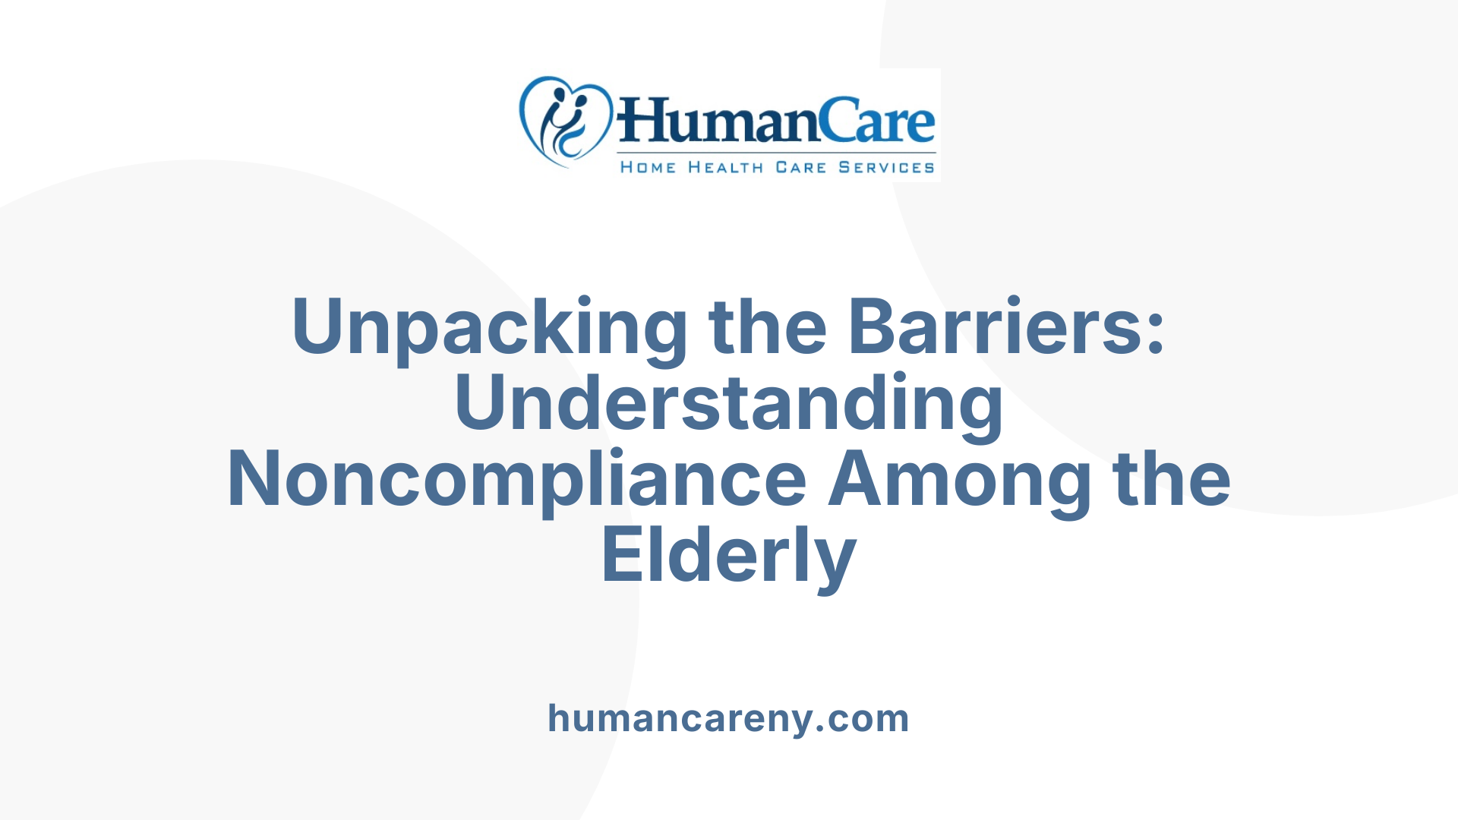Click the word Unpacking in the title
coord(489,328)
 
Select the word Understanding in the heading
coord(729,404)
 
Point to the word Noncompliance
coord(516,480)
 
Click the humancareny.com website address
coord(729,718)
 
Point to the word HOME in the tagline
coord(648,167)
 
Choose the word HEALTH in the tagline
coord(725,167)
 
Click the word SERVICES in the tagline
coord(886,167)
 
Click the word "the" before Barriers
coord(767,326)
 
